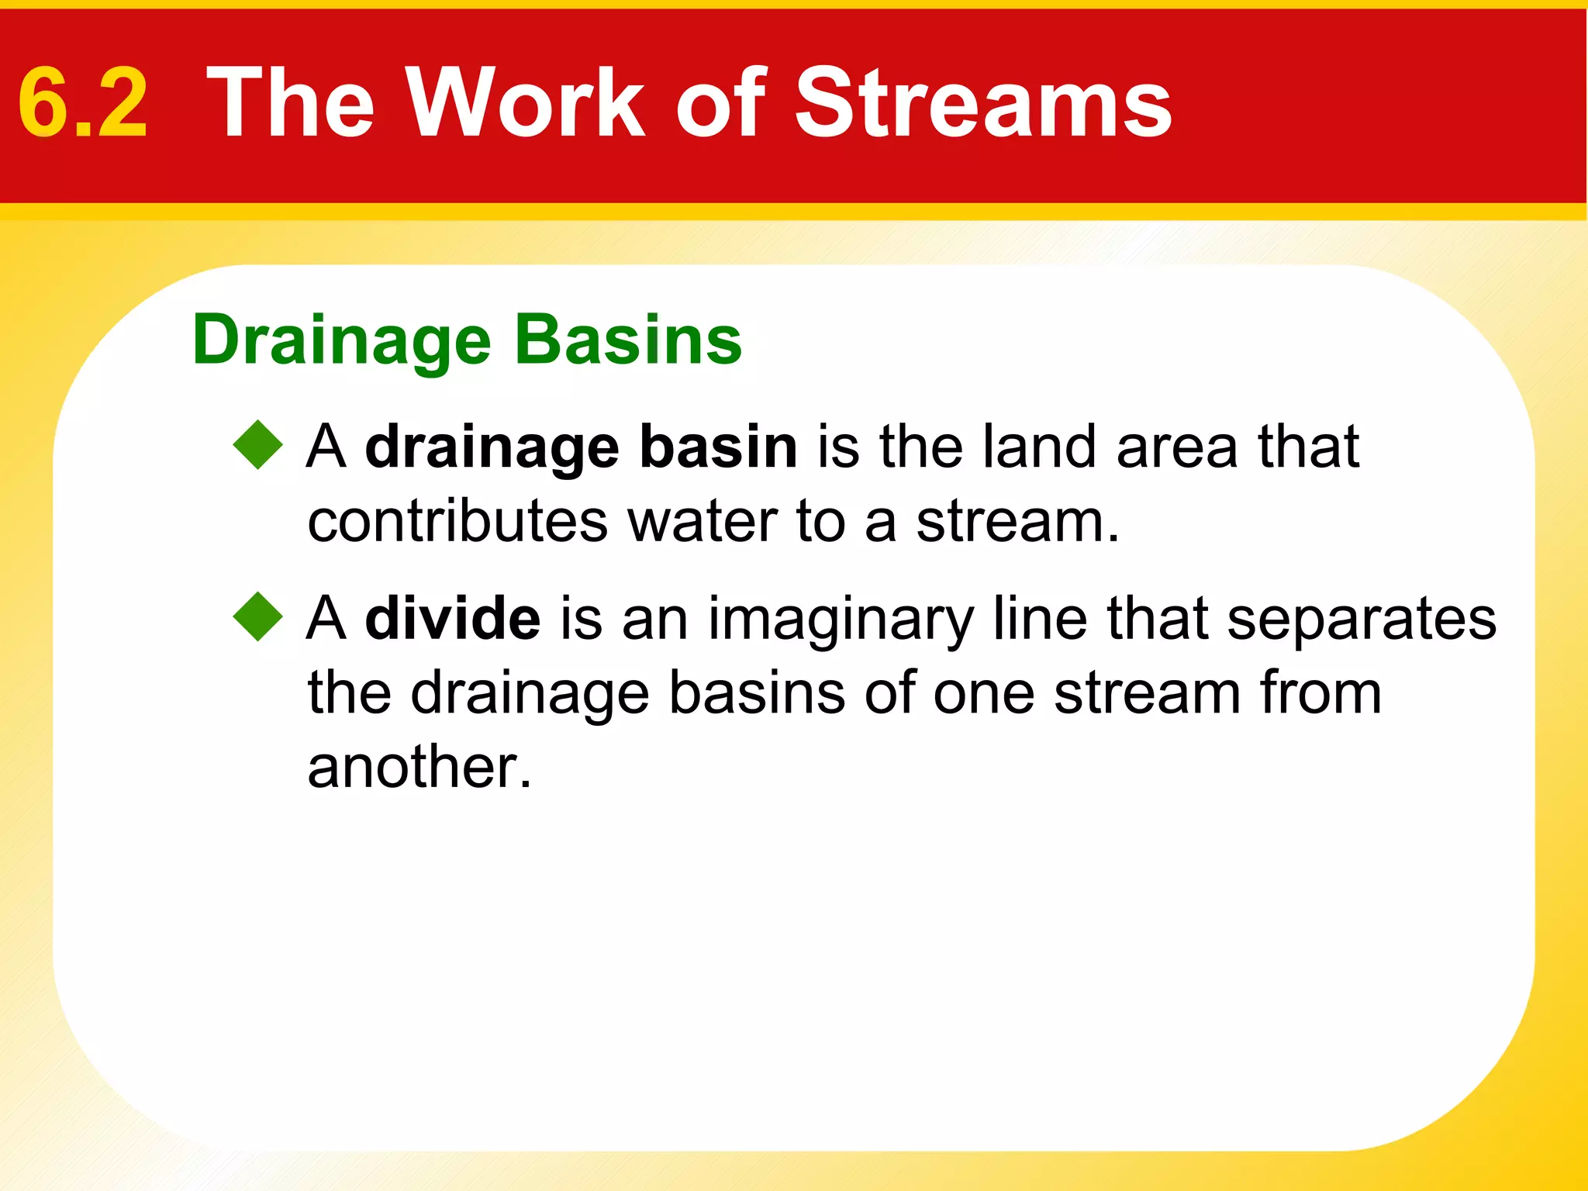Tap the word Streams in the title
pos(983,103)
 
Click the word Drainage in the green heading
pos(341,341)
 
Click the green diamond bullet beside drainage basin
pos(258,445)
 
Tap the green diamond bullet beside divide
pos(258,616)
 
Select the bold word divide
pos(453,618)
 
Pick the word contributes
pos(457,521)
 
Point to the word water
pos(703,521)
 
